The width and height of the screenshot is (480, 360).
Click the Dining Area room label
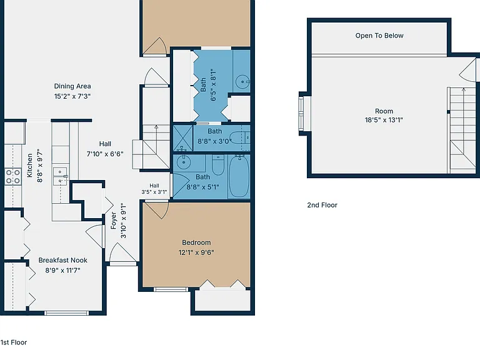tap(72, 86)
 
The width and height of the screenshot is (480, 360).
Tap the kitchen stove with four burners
tap(13, 177)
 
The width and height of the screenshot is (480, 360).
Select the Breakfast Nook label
tap(62, 260)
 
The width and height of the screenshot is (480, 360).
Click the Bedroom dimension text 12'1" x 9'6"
tap(196, 252)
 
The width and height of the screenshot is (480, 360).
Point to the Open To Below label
tap(379, 36)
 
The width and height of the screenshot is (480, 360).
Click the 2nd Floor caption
tap(322, 205)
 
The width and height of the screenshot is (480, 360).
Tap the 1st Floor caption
tap(14, 342)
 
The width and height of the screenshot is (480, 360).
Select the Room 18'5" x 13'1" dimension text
tap(384, 120)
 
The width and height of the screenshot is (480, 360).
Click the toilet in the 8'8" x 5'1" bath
tap(218, 165)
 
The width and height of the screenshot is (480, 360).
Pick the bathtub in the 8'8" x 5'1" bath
tap(239, 176)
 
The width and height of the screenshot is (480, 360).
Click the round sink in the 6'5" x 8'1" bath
tap(242, 82)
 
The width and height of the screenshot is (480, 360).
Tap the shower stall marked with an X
tap(183, 138)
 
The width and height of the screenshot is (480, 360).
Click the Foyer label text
tap(114, 221)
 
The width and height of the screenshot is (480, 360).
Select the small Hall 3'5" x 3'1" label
tap(154, 189)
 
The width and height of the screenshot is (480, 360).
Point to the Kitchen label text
tap(30, 165)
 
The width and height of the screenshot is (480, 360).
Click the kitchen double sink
tap(60, 177)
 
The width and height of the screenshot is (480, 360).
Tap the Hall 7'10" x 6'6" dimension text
tap(105, 154)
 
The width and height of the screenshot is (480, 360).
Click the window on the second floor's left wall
tap(301, 113)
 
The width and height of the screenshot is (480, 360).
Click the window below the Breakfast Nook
tap(66, 313)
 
